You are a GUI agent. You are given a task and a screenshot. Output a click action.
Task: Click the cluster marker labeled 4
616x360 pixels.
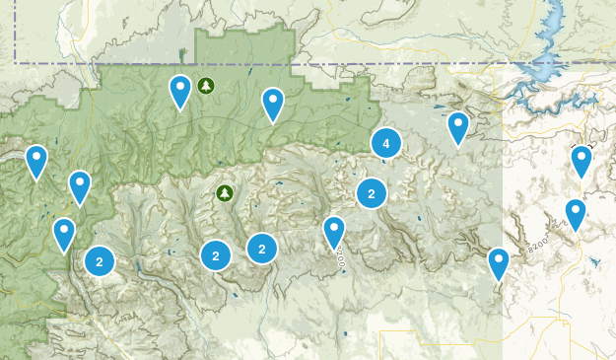[385, 144]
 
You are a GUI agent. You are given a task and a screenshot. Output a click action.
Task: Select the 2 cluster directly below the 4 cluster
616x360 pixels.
[371, 193]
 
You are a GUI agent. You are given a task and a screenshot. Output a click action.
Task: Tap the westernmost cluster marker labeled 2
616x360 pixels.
[100, 261]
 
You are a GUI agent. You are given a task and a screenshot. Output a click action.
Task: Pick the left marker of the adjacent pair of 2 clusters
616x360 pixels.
[216, 254]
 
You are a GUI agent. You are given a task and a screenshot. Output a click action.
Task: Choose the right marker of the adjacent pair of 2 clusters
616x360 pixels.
[262, 249]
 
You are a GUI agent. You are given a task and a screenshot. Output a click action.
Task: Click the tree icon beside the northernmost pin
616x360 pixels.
[206, 86]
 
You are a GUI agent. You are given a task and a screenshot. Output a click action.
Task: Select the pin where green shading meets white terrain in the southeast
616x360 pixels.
[499, 263]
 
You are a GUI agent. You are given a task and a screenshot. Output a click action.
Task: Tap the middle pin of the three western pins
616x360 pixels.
[80, 186]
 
